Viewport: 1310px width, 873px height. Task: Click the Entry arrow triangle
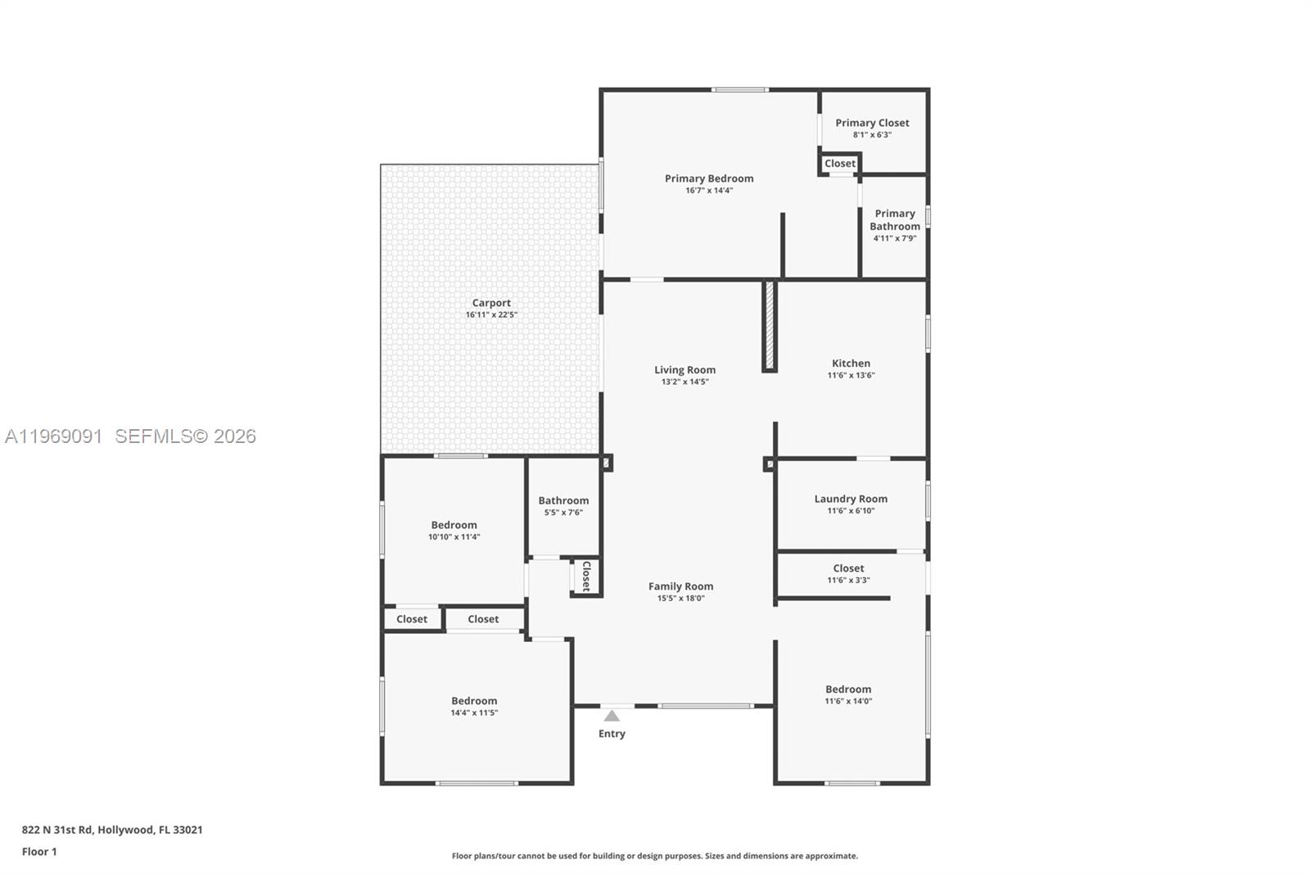612,716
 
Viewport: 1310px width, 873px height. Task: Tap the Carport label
491,303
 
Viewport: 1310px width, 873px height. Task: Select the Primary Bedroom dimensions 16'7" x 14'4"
709,191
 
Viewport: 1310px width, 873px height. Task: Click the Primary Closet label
872,123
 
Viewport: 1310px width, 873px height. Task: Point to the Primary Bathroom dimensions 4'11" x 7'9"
894,238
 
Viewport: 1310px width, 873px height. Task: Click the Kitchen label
851,364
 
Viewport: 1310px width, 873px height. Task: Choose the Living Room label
684,370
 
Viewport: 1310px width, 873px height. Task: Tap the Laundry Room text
851,499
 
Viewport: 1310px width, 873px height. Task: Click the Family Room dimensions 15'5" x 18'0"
680,599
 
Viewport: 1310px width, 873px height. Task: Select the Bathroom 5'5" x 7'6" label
563,501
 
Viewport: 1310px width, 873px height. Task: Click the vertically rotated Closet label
586,576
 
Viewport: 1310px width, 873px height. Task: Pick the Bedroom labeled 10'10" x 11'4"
454,526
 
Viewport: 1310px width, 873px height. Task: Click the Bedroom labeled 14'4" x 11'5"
474,701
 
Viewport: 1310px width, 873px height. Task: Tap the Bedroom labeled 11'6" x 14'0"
848,690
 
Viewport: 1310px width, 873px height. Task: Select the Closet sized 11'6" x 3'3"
848,568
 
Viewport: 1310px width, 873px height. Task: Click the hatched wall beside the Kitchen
770,326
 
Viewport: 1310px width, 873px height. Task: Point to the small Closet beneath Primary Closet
840,164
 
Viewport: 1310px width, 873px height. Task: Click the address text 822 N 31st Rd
112,830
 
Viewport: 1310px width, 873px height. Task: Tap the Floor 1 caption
39,852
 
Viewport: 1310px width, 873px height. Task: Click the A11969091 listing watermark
54,436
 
